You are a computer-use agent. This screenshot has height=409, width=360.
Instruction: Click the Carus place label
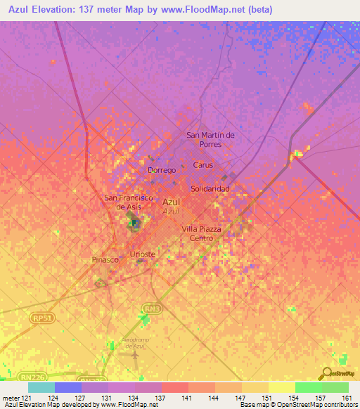pyautogui.click(x=202, y=165)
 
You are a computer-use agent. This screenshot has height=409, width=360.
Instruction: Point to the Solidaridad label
pyautogui.click(x=210, y=190)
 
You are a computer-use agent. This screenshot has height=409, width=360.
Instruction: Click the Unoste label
pyautogui.click(x=143, y=254)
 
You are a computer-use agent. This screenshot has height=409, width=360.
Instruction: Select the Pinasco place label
pyautogui.click(x=105, y=259)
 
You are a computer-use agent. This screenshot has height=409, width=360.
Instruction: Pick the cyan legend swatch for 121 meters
pyautogui.click(x=41, y=387)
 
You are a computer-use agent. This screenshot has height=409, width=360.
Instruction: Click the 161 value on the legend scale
pyautogui.click(x=346, y=398)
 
